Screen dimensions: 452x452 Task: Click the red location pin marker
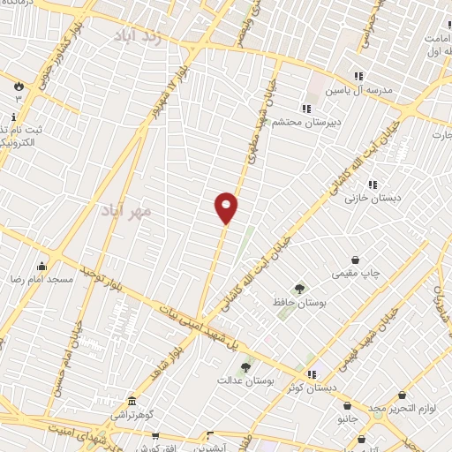tap(226, 207)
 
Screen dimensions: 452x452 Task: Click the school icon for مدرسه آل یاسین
tap(358, 76)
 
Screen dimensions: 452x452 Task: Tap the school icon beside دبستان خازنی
tap(373, 185)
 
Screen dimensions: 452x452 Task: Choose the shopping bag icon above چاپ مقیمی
tap(355, 260)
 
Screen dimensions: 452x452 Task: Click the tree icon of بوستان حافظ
tap(299, 288)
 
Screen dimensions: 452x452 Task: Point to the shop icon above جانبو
tap(347, 406)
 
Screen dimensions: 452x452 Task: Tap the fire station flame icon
tap(18, 85)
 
